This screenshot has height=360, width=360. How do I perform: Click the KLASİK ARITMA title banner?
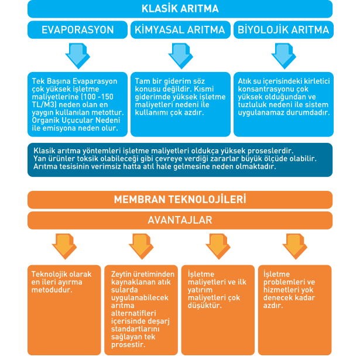tap(180, 9)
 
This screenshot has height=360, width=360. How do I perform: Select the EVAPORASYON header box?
tap(78, 30)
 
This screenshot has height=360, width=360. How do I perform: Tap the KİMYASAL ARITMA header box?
tap(180, 30)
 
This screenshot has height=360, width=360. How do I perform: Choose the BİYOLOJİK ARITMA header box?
tap(283, 30)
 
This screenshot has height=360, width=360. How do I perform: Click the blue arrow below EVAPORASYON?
tap(78, 56)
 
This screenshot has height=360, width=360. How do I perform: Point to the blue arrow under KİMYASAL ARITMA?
tap(180, 56)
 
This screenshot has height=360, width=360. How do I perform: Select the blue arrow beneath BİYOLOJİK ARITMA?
tap(283, 56)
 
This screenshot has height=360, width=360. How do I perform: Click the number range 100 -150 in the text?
tap(98, 97)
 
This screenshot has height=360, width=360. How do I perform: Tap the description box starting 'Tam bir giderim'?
tap(180, 104)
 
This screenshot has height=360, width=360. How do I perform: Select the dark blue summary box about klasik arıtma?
tap(180, 160)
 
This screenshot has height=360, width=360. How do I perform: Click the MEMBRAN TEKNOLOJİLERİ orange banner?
tap(180, 200)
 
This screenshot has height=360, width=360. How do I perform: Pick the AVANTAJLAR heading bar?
tap(180, 221)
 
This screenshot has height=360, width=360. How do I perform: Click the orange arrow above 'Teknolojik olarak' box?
tap(64, 246)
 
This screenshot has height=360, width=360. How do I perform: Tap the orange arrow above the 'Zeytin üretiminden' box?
tap(141, 246)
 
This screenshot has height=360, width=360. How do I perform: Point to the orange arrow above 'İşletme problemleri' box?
tap(295, 246)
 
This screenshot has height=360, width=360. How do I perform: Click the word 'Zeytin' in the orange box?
tap(121, 275)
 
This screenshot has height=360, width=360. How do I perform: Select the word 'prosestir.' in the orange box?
tap(128, 345)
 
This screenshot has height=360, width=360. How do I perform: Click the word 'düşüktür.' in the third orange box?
tap(204, 306)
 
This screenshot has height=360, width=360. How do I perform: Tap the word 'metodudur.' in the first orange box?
tap(52, 290)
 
